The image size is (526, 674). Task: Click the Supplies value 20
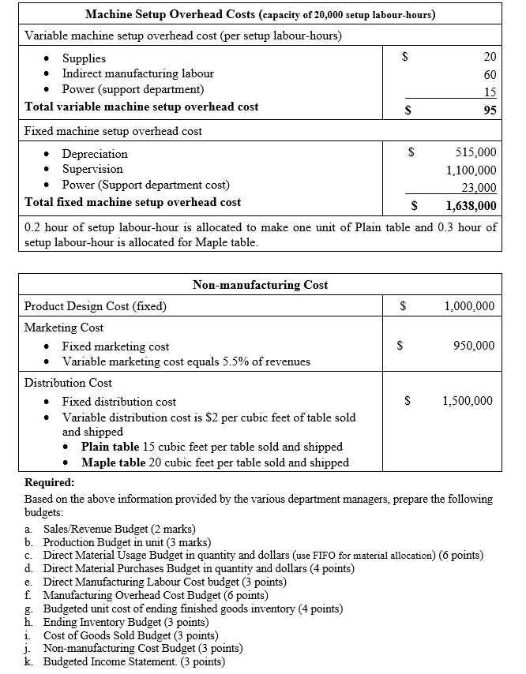(x=490, y=58)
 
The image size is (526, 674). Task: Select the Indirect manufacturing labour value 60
(x=490, y=74)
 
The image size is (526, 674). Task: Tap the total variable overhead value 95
(x=490, y=110)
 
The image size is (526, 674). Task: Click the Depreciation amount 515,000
(x=476, y=153)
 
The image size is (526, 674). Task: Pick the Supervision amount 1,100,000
(x=471, y=170)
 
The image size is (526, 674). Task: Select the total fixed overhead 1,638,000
(x=471, y=206)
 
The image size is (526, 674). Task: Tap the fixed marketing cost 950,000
(x=474, y=345)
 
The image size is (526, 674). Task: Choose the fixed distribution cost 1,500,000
(x=469, y=401)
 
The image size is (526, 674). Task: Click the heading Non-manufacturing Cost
(x=260, y=285)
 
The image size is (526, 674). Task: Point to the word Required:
(x=50, y=482)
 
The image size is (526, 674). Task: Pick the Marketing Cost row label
(x=64, y=328)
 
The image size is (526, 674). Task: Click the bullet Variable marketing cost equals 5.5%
(x=186, y=361)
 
